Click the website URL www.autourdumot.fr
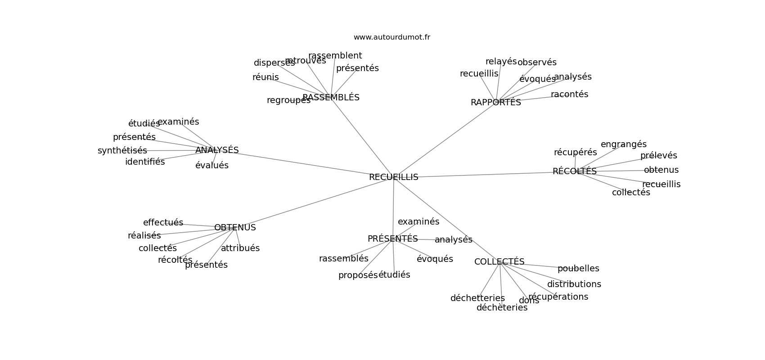point(391,37)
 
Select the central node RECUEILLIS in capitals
point(393,177)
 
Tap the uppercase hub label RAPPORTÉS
point(495,102)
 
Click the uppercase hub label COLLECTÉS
point(499,261)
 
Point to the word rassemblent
point(335,55)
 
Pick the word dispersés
point(274,63)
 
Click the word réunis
point(265,77)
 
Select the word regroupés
point(288,100)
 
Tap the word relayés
point(501,62)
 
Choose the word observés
point(537,62)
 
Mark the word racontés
point(569,94)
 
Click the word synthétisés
point(122,151)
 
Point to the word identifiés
point(145,162)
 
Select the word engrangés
point(624,144)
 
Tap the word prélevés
point(658,155)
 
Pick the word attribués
point(240,248)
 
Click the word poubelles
point(578,269)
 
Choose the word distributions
point(574,284)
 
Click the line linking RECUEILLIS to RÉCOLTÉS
point(484,174)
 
